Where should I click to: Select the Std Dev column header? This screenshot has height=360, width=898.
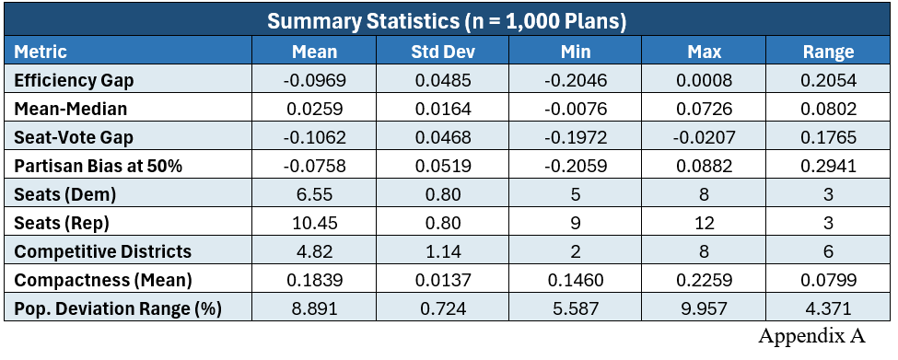pos(443,52)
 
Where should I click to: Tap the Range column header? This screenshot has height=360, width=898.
pos(828,52)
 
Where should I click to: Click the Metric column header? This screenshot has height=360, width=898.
pos(41,52)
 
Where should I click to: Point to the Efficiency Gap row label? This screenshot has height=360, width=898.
pos(74,81)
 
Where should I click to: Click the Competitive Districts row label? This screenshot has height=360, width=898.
pos(102,252)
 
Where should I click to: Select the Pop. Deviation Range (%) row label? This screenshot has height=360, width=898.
pos(117,309)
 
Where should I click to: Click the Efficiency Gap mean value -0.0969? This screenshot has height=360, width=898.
pos(314,81)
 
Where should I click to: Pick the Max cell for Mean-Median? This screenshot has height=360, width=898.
pos(704,109)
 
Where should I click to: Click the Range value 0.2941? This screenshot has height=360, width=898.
pos(828,166)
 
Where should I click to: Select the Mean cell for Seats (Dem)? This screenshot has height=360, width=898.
pos(314,194)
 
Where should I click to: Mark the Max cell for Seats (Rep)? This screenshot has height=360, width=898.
pos(704,223)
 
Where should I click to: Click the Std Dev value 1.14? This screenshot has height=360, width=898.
pos(443,252)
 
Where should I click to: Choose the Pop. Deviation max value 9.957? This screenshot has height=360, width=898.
pos(704,309)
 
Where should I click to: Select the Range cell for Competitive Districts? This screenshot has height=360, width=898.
pos(828,252)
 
